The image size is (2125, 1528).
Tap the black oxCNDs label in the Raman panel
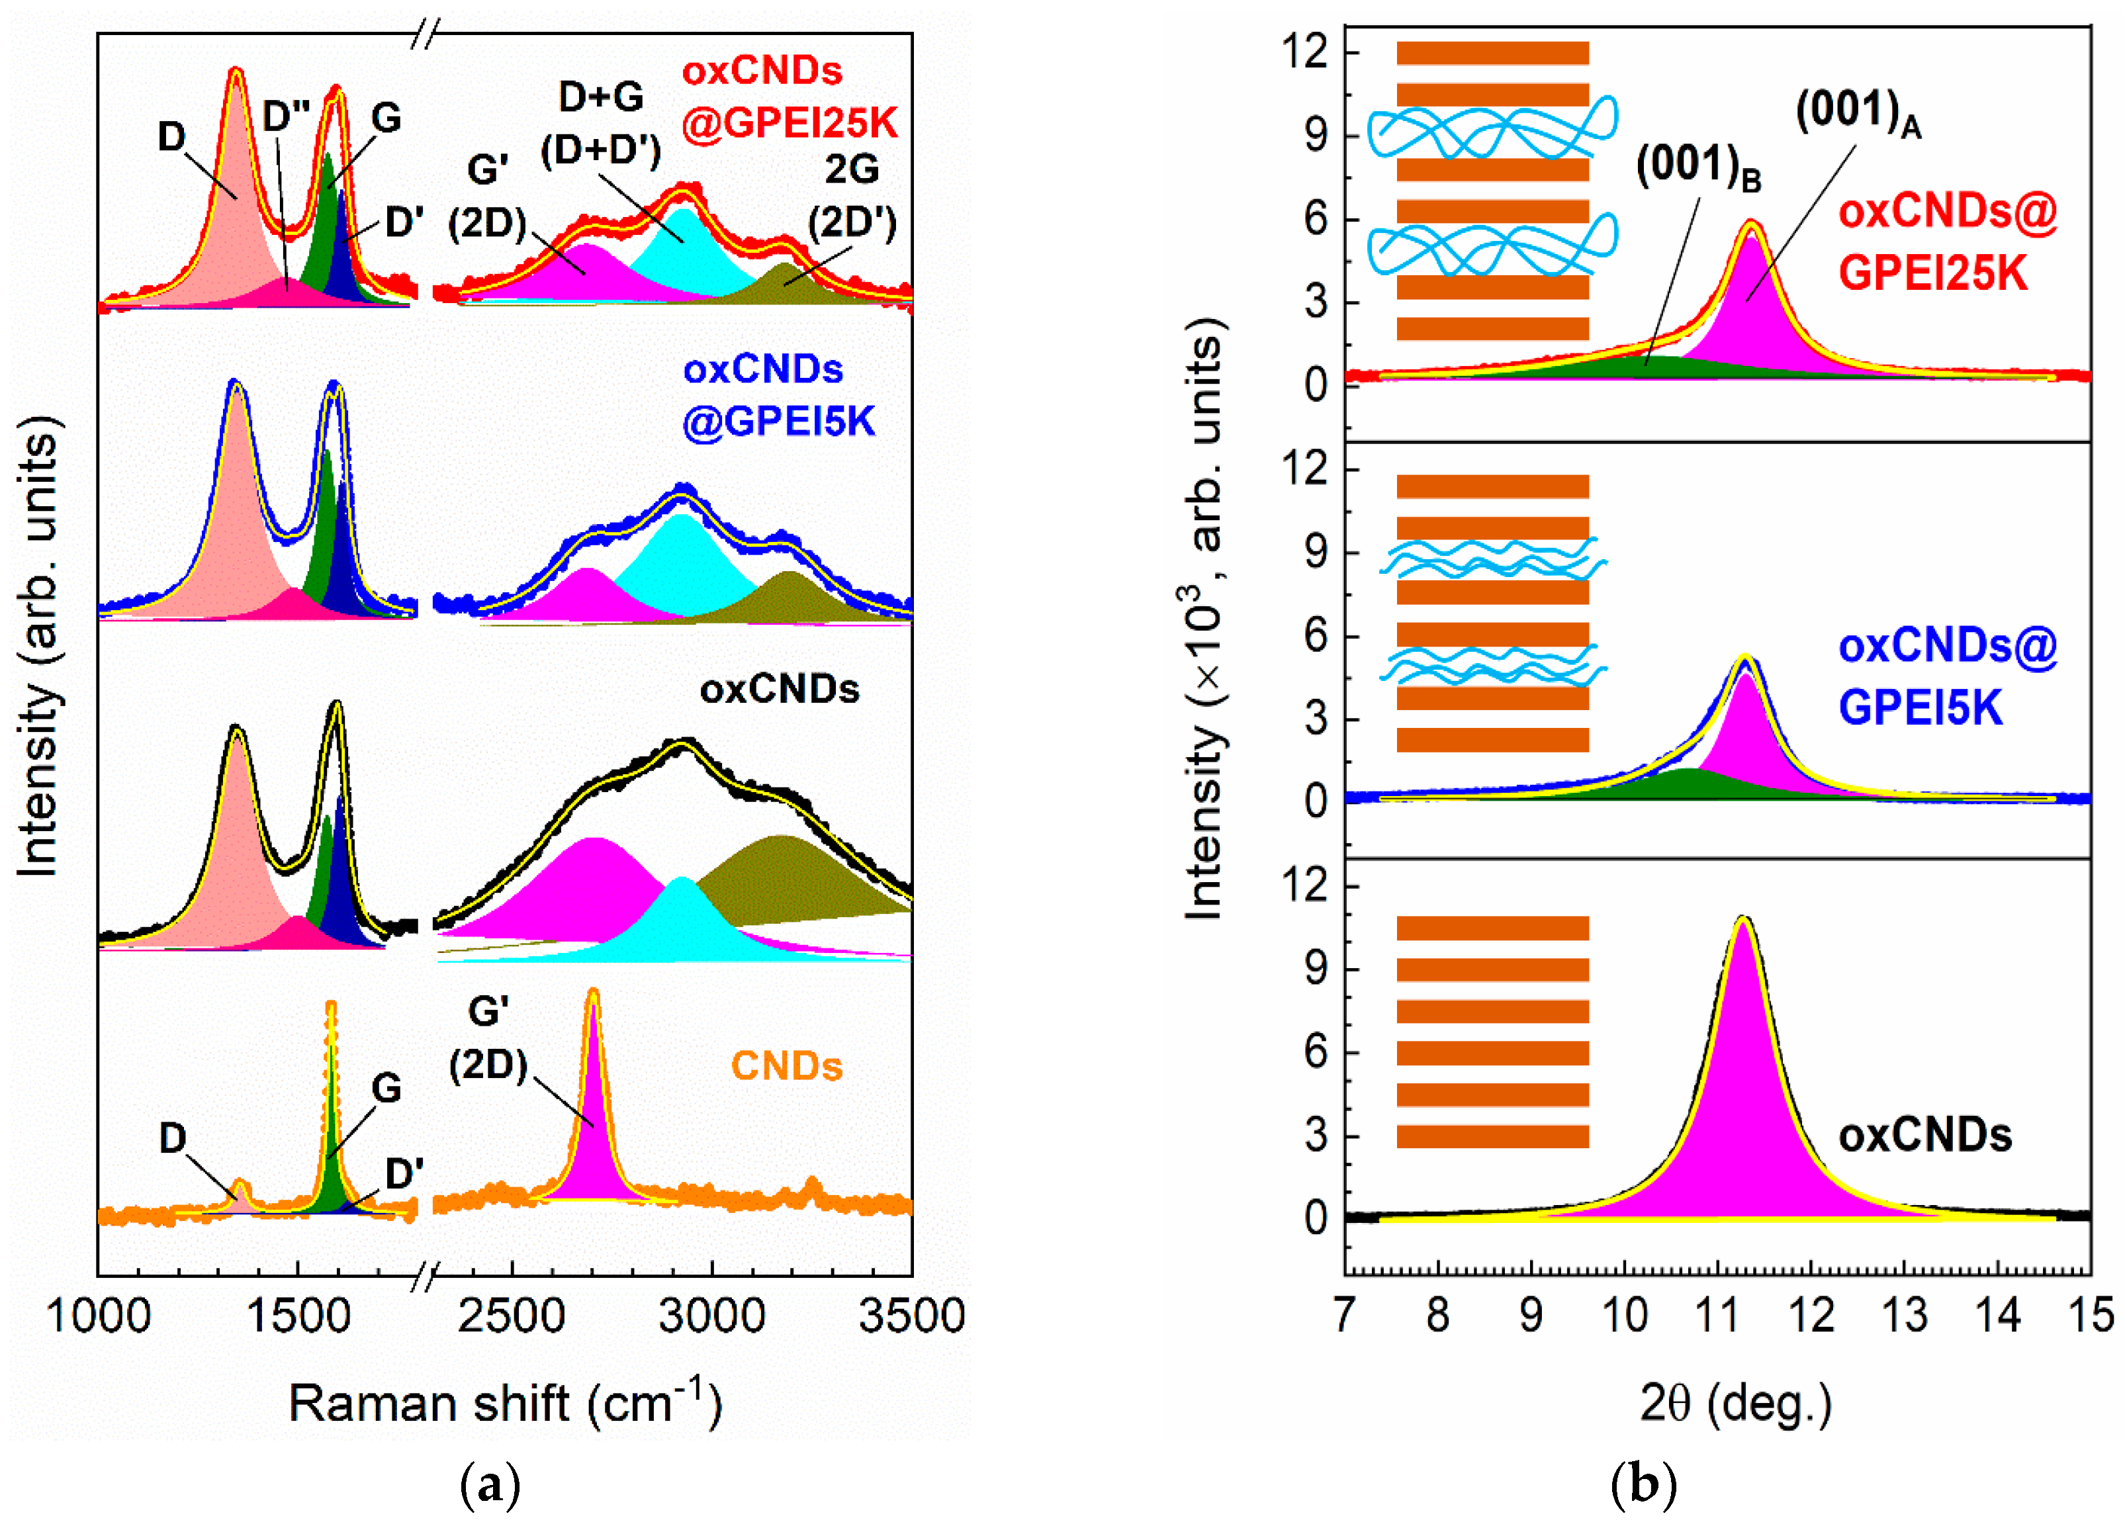click(779, 690)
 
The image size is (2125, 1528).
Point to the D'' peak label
click(287, 116)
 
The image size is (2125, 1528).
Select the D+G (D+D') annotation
click(601, 122)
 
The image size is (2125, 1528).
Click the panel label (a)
click(490, 1485)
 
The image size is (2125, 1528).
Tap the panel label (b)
click(1643, 1485)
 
